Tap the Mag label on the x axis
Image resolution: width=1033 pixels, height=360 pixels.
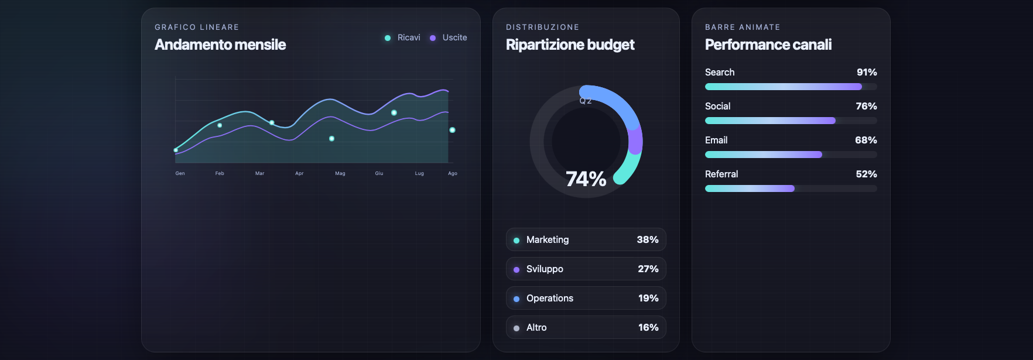340,173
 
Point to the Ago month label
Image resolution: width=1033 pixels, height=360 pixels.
453,173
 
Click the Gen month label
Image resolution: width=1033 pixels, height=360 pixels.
180,173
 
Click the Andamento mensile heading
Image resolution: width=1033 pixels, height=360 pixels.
220,45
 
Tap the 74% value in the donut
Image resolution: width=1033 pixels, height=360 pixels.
586,179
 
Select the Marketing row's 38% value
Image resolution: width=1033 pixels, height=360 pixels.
648,239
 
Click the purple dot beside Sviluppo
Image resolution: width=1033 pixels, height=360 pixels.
516,270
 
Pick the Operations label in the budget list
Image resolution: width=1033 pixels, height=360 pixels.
549,298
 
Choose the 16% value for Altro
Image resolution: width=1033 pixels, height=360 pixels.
648,327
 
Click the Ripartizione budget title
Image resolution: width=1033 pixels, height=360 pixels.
570,45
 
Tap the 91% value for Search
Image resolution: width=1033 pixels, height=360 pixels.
867,72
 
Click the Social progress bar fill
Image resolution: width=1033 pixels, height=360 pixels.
770,121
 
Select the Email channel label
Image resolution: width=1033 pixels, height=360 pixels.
716,140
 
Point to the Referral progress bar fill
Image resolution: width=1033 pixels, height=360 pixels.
750,188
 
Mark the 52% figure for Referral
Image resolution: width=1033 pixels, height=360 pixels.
866,174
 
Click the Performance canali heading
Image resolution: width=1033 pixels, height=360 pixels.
768,45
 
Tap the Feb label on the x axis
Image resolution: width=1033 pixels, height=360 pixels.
220,173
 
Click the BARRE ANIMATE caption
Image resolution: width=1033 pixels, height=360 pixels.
743,28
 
